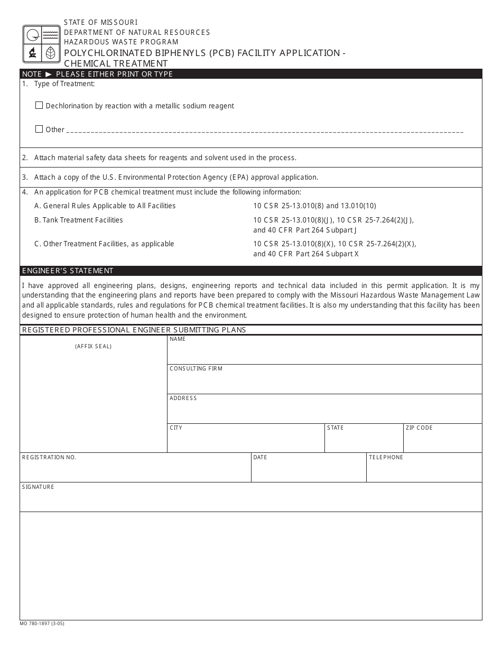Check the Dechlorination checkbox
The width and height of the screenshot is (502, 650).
click(x=39, y=105)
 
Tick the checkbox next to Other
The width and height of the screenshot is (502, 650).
click(x=39, y=129)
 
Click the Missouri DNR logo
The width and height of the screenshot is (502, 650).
click(x=41, y=43)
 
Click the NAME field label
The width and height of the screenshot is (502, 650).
click(x=178, y=339)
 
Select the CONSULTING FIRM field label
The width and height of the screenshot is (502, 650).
click(x=196, y=368)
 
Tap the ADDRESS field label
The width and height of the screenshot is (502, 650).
click(x=183, y=398)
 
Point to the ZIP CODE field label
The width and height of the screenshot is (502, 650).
click(x=419, y=428)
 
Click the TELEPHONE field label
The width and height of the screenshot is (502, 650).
click(x=386, y=457)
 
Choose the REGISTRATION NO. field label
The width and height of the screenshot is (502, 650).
click(x=49, y=457)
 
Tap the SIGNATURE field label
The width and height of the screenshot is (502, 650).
click(x=38, y=487)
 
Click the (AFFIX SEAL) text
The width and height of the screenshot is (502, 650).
click(x=93, y=347)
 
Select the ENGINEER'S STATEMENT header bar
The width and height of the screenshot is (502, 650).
click(x=251, y=271)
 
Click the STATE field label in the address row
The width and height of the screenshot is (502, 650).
click(x=335, y=428)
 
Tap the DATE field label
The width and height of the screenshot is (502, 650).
click(x=260, y=457)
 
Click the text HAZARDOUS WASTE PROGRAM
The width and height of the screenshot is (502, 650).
click(x=121, y=42)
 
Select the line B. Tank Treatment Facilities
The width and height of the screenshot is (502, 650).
click(x=79, y=220)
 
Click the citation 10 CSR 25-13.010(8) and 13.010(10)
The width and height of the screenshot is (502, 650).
click(x=314, y=206)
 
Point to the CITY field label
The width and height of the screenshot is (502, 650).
click(x=176, y=428)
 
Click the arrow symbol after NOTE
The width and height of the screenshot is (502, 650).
click(x=49, y=74)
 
